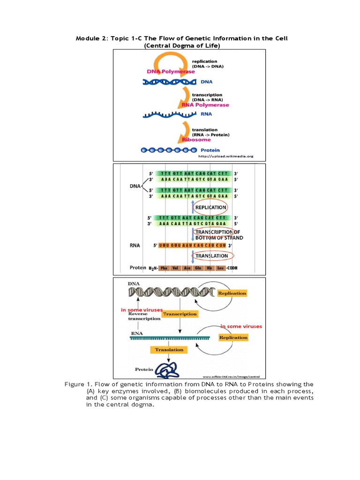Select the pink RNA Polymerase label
pos(206,105)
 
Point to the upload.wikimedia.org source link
pos(225,157)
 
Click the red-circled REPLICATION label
pos(211,207)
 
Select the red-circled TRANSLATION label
pos(211,256)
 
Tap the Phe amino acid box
pos(164,268)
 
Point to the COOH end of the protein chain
pos(232,268)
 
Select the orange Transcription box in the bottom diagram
pos(180,314)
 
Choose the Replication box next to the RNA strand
pos(233,337)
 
